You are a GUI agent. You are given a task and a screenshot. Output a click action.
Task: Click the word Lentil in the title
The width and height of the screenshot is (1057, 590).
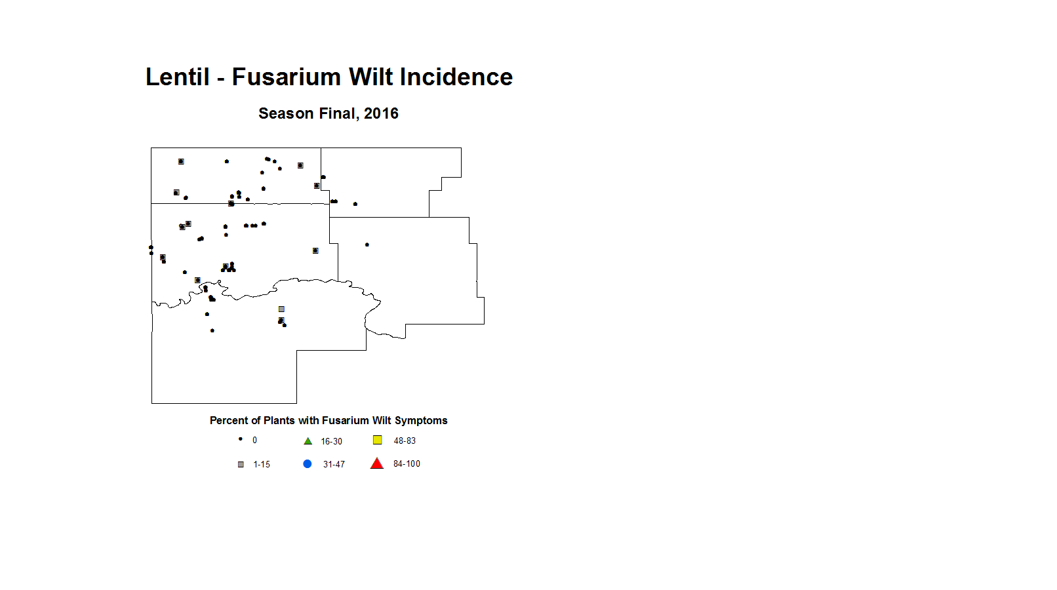click(178, 77)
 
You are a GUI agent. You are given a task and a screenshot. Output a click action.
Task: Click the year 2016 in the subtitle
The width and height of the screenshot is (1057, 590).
click(381, 113)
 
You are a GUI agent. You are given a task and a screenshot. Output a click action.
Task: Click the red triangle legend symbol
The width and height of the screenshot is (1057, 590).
click(376, 463)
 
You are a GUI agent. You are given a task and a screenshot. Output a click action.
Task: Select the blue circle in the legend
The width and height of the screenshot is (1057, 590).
click(307, 464)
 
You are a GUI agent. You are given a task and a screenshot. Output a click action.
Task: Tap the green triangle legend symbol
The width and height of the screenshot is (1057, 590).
click(308, 441)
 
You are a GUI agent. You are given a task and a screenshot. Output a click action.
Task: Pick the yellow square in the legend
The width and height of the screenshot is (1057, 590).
click(378, 440)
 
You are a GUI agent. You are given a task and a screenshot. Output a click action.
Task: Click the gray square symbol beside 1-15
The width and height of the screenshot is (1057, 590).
click(241, 465)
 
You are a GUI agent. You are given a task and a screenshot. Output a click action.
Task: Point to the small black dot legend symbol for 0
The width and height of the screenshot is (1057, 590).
click(241, 439)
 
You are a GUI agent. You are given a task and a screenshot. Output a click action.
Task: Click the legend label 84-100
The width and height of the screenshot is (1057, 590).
click(407, 464)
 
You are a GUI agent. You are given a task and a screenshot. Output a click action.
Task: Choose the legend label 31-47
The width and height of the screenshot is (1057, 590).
click(334, 465)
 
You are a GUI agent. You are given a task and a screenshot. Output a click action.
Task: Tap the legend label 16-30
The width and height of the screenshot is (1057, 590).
click(332, 441)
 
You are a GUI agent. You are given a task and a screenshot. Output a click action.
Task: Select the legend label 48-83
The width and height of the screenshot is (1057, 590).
click(405, 441)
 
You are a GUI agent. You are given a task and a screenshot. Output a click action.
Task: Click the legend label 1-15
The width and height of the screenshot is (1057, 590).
click(262, 465)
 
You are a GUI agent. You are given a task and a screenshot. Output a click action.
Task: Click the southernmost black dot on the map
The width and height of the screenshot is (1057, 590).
click(212, 330)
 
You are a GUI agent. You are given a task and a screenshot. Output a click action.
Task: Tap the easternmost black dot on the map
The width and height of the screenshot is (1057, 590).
click(367, 245)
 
